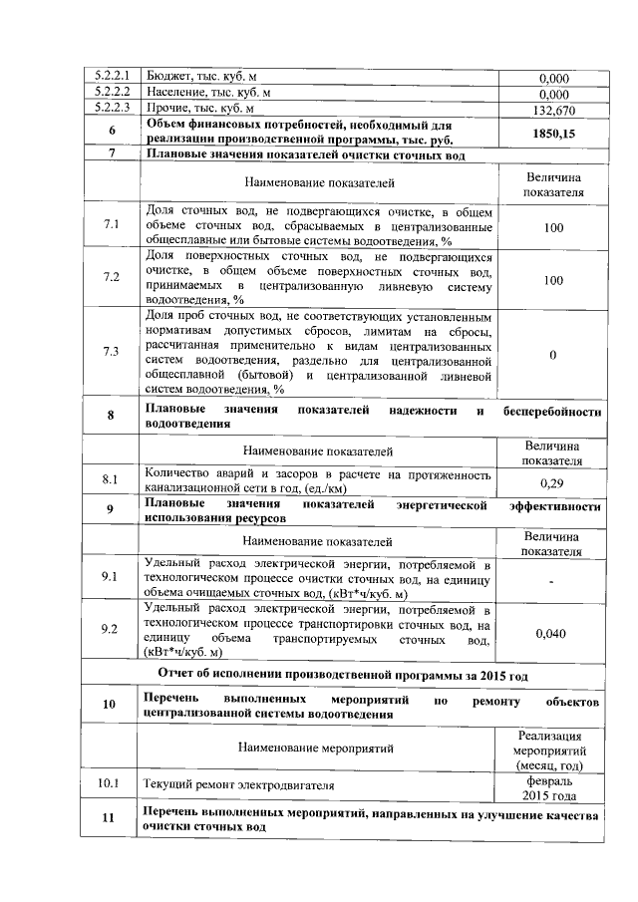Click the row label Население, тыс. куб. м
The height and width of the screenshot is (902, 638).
point(200,93)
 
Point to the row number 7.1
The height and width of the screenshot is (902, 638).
point(112,226)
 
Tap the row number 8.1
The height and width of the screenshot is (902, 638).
point(112,481)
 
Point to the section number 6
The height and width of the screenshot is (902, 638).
point(112,132)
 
